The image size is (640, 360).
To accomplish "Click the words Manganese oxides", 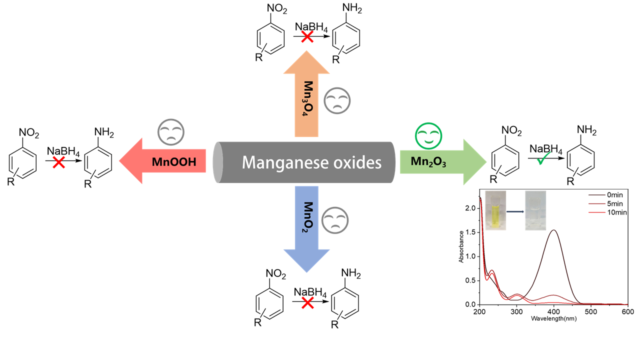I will tap(312, 162).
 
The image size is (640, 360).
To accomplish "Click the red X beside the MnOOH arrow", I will tap(58, 161).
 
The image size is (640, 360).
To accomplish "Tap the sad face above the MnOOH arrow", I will tap(171, 132).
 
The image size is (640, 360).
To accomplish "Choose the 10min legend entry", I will tap(614, 212).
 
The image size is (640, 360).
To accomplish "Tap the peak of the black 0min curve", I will tap(554, 230).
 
